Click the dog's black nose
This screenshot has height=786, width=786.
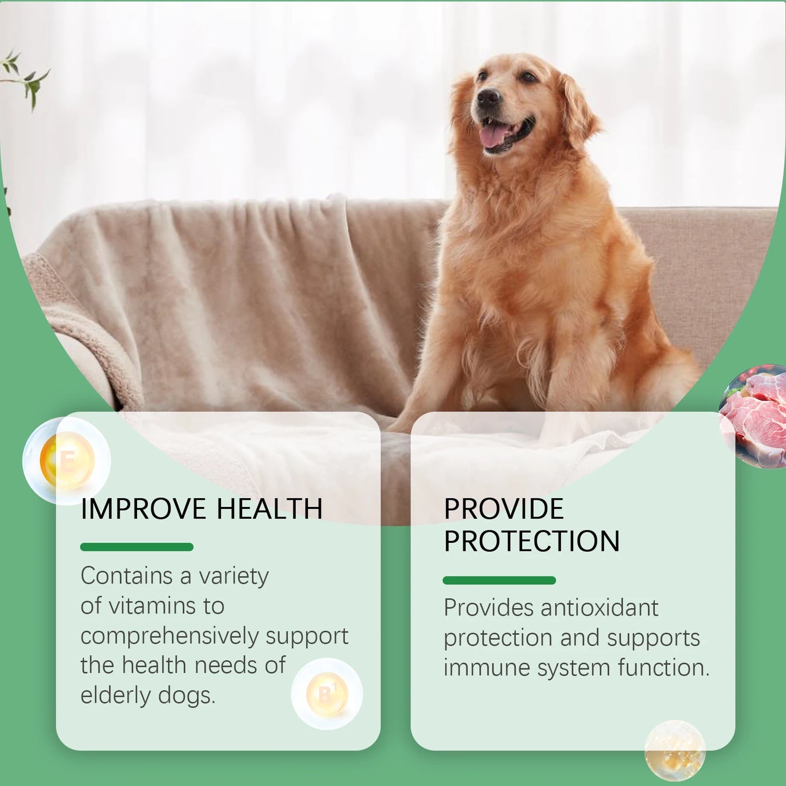[x=488, y=98]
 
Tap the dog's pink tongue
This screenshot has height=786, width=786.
[x=494, y=135]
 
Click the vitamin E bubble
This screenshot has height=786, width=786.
[x=67, y=461]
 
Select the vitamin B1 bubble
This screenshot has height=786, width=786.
[x=327, y=694]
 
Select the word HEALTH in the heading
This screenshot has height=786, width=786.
[x=270, y=509]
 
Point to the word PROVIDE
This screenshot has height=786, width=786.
[x=504, y=509]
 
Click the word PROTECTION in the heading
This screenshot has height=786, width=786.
[x=531, y=541]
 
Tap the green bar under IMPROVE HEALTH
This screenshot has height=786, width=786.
[x=137, y=547]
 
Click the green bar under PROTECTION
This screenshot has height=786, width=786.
[x=499, y=580]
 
